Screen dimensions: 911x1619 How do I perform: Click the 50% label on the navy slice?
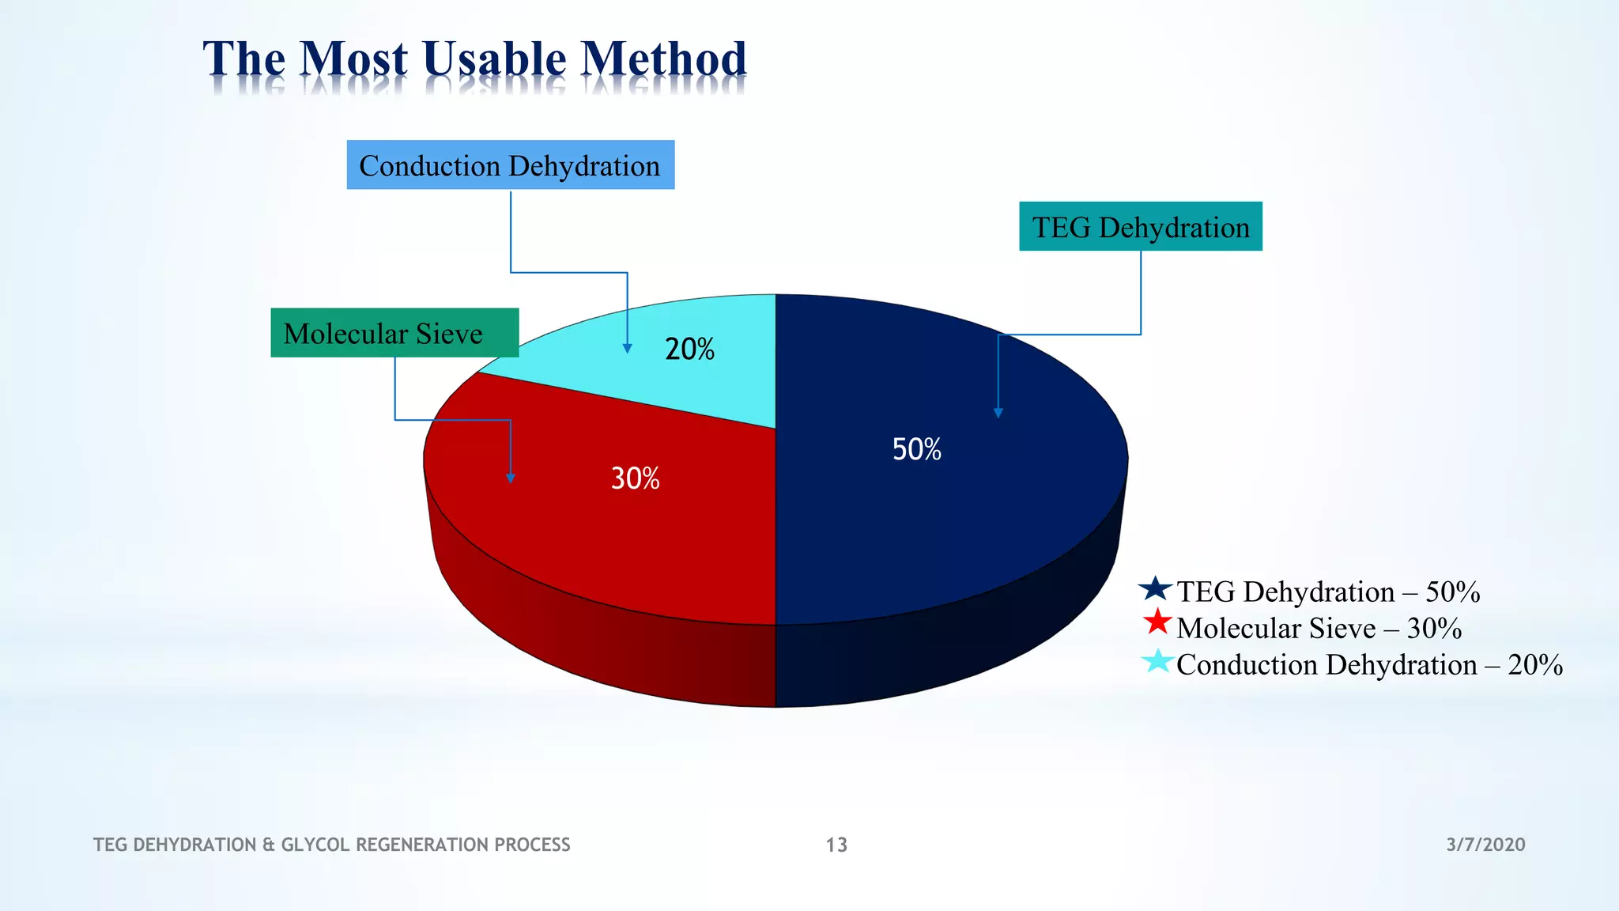916,449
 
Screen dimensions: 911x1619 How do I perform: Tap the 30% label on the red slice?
635,478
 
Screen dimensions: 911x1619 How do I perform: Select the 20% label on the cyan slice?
689,349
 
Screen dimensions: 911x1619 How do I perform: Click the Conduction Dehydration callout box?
510,165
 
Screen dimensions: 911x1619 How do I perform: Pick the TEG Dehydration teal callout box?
1140,227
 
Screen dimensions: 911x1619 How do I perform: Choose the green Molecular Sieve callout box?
394,333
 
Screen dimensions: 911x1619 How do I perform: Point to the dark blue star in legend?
1156,588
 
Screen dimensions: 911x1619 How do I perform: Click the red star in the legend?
1157,622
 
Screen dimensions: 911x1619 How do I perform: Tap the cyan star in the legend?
1157,660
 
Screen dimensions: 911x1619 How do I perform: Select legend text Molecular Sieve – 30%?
1319,628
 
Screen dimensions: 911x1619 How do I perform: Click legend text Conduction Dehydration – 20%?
1369,664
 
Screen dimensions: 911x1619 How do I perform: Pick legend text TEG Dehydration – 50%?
1328,592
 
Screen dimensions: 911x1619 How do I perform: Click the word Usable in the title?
494,59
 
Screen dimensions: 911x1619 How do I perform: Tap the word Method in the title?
663,59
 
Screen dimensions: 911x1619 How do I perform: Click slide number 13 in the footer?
836,845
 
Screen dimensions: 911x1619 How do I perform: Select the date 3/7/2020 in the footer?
1485,845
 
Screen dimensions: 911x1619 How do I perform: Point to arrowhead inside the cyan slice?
627,348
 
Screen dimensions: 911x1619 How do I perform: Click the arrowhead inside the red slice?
511,478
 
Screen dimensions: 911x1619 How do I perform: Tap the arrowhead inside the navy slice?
998,413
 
